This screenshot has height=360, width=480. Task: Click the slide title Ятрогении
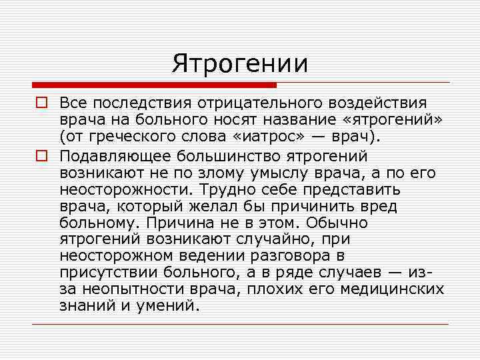pyautogui.click(x=240, y=63)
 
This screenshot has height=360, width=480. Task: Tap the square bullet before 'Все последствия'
pyautogui.click(x=41, y=103)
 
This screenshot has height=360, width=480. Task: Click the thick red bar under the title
pyautogui.click(x=154, y=85)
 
